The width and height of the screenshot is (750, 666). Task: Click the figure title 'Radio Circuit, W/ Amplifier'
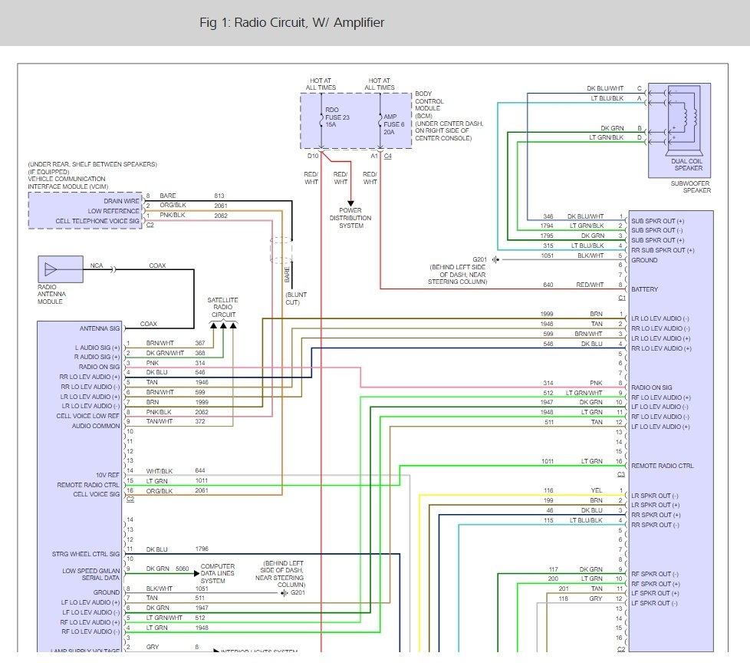(291, 23)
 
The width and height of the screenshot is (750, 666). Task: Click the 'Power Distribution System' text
(350, 217)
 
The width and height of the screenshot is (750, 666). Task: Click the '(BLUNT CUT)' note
(297, 298)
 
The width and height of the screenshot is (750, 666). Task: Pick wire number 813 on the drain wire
(220, 196)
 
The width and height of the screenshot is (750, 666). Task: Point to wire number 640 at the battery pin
(548, 285)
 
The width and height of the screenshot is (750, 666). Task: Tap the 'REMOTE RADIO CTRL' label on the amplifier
(662, 466)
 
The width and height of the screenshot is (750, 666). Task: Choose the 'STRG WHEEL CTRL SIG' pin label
(85, 553)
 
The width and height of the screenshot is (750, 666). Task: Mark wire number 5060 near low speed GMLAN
(182, 569)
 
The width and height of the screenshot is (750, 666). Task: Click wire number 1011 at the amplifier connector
(548, 461)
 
